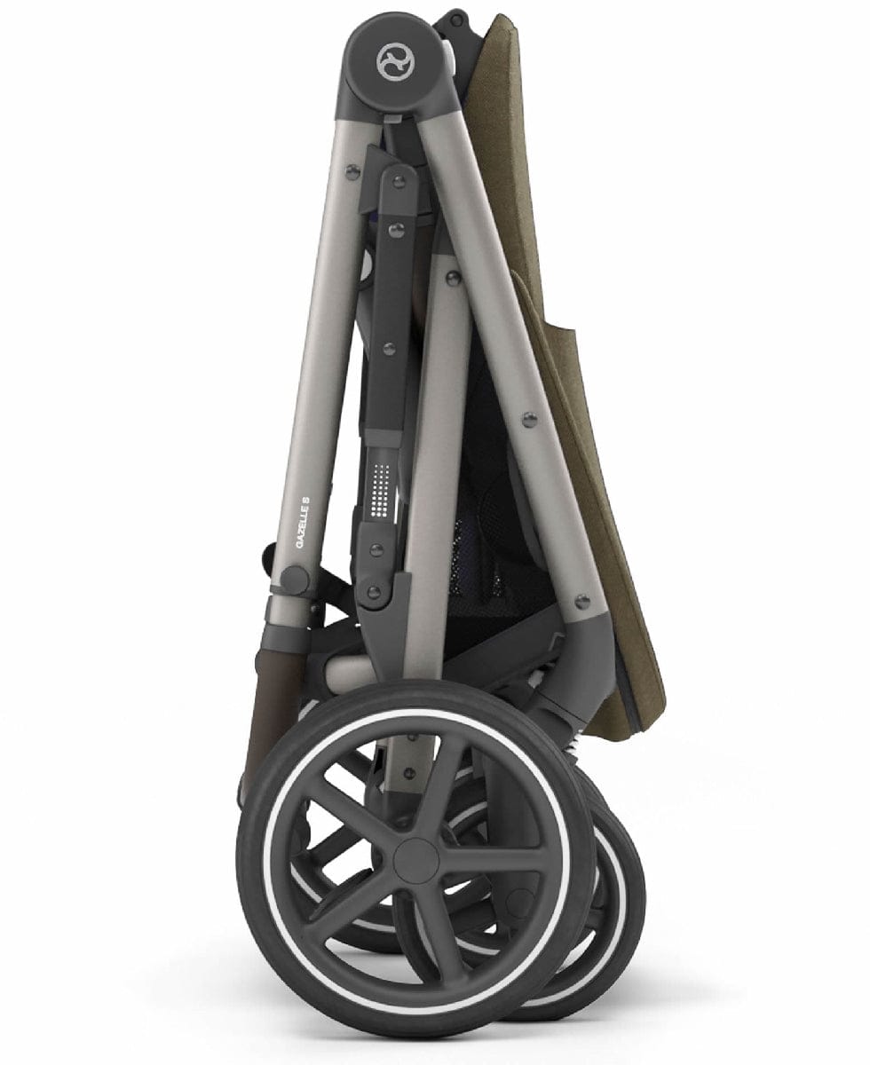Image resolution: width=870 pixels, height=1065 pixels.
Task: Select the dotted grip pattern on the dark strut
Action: [x=382, y=493]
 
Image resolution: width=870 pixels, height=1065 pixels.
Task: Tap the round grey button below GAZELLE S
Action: [x=296, y=580]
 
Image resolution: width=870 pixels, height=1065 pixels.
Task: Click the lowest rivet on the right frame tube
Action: [x=583, y=602]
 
